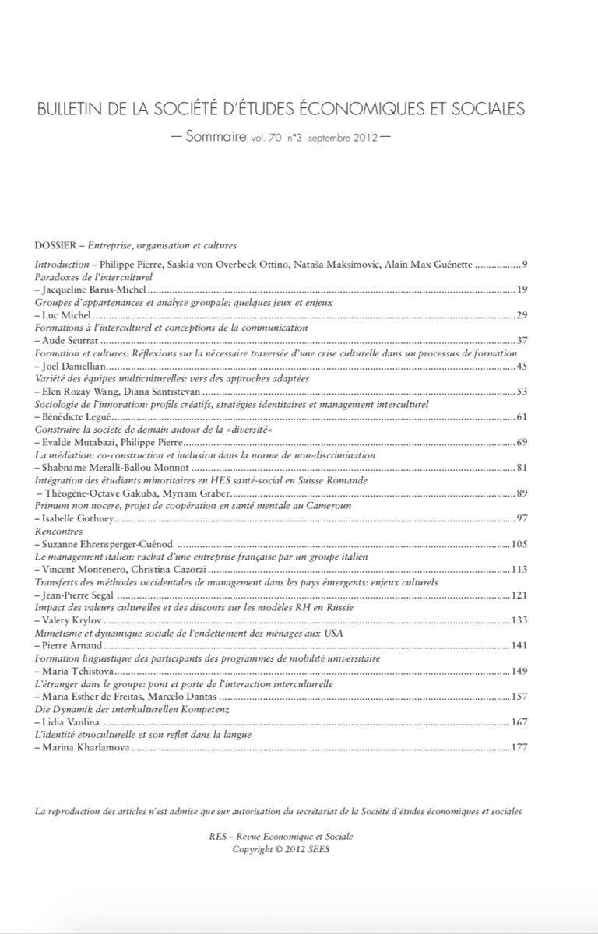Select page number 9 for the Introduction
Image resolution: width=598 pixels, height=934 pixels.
coord(526,265)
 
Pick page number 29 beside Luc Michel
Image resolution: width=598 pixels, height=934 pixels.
coord(523,315)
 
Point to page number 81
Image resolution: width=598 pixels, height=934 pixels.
coord(523,468)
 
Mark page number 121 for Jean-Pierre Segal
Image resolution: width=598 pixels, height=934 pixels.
coord(520,595)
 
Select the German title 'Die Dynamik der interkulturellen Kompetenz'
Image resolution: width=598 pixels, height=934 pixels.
coord(118,709)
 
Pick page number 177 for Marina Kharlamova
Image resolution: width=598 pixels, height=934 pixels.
coord(520,747)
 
